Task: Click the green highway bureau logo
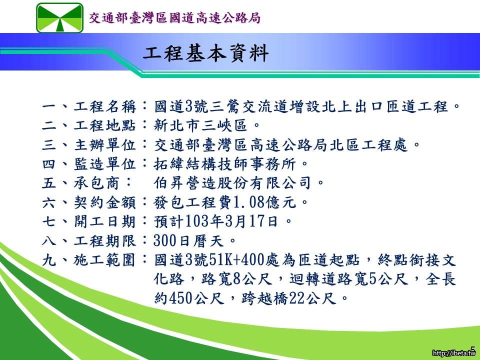pyautogui.click(x=59, y=18)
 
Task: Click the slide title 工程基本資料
pyautogui.click(x=205, y=53)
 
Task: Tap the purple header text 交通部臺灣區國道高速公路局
pyautogui.click(x=175, y=18)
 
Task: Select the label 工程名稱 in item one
pyautogui.click(x=104, y=106)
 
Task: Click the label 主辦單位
pyautogui.click(x=104, y=145)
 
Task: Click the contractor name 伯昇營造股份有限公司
pyautogui.click(x=232, y=183)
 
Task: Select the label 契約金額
pyautogui.click(x=104, y=202)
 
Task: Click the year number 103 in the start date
pyautogui.click(x=197, y=221)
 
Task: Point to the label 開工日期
pyautogui.click(x=104, y=221)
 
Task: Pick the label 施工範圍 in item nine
pyautogui.click(x=104, y=260)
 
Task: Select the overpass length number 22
pyautogui.click(x=296, y=298)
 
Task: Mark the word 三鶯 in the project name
pyautogui.click(x=226, y=106)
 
